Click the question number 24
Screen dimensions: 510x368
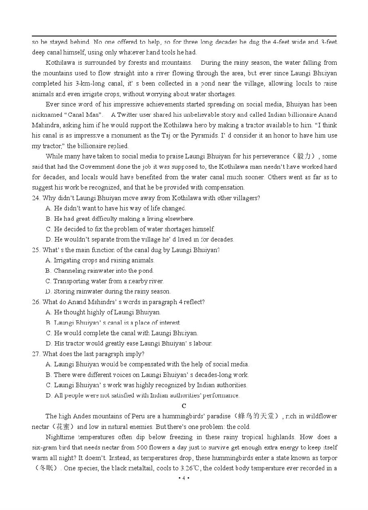click(x=36, y=198)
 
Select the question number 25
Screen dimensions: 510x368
click(x=36, y=250)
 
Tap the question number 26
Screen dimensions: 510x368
click(x=36, y=302)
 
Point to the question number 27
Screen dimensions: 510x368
click(x=36, y=354)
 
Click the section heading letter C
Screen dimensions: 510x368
click(x=184, y=406)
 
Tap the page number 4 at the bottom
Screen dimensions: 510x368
click(x=184, y=478)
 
